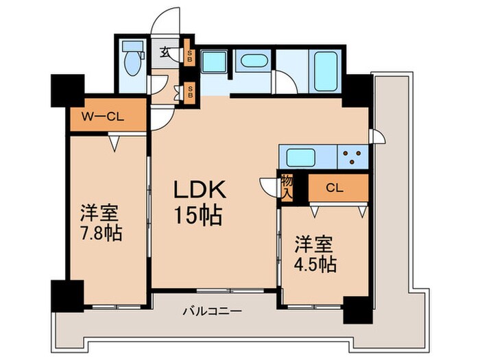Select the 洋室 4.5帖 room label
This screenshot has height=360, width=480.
coord(316,254)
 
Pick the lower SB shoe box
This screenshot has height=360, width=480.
coord(189,93)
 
